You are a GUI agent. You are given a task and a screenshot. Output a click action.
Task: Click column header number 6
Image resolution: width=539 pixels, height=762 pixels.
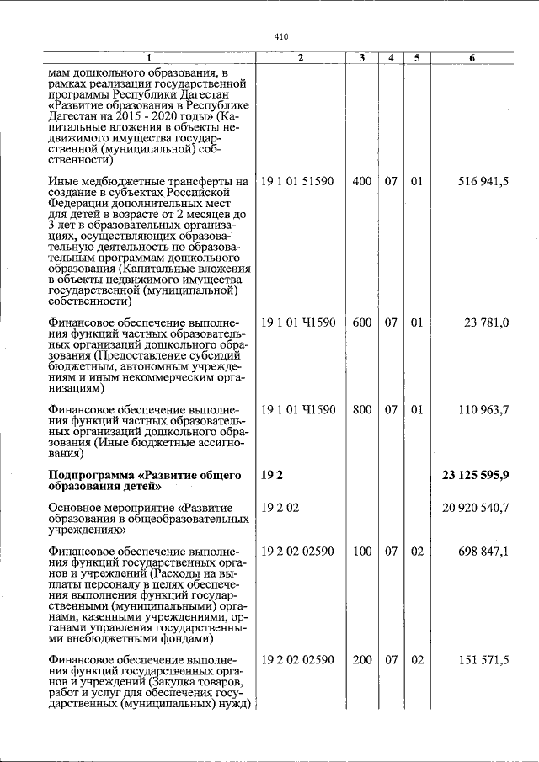tap(472, 57)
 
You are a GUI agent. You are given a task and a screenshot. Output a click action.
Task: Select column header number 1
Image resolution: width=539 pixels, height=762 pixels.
tap(149, 57)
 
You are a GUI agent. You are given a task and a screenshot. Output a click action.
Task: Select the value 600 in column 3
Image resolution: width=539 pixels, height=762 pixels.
tap(362, 322)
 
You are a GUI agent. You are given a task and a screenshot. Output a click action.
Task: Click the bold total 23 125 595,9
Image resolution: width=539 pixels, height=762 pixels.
tap(475, 476)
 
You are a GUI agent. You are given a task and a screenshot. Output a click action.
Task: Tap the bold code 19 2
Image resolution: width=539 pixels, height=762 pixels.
tap(272, 476)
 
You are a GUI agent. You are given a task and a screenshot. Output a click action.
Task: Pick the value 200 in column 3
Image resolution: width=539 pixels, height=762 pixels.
tap(362, 660)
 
